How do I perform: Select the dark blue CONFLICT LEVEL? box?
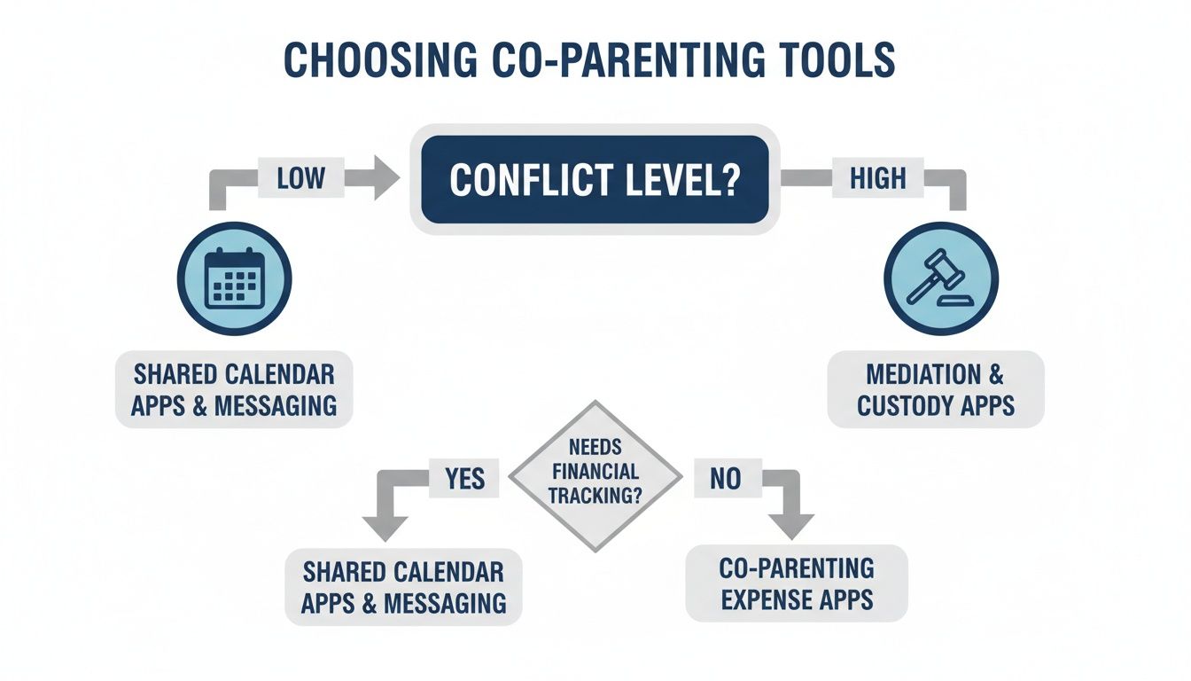pyautogui.click(x=595, y=179)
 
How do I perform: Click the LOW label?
pyautogui.click(x=300, y=179)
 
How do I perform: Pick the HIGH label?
pyautogui.click(x=877, y=179)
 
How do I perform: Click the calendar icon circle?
pyautogui.click(x=234, y=278)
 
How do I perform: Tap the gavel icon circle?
pyautogui.click(x=940, y=278)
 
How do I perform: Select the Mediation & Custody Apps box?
pyautogui.click(x=936, y=389)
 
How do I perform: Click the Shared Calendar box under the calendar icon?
pyautogui.click(x=234, y=389)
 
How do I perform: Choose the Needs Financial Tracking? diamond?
pyautogui.click(x=595, y=477)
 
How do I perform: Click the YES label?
pyautogui.click(x=464, y=479)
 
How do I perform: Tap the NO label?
pyautogui.click(x=724, y=479)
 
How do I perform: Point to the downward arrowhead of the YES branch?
pyautogui.click(x=385, y=527)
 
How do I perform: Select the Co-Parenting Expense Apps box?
pyautogui.click(x=797, y=583)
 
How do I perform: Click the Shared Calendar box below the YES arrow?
pyautogui.click(x=403, y=586)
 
